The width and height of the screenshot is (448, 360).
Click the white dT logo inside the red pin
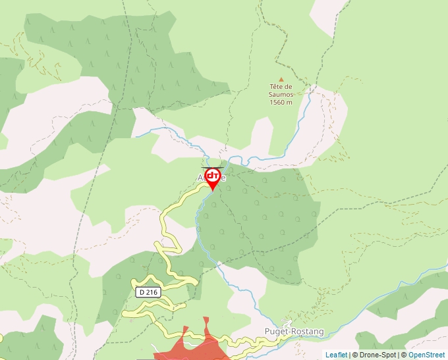[x=212, y=176]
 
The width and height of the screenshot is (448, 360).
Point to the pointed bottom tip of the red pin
[x=212, y=191]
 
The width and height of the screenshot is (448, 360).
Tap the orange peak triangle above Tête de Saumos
[x=281, y=80]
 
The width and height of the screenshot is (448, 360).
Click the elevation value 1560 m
[x=281, y=102]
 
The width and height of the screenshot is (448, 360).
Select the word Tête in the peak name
[x=276, y=87]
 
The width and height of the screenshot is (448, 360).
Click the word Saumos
[x=281, y=95]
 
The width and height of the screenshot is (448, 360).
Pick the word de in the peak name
[x=288, y=87]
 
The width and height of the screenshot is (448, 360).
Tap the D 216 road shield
[x=149, y=291]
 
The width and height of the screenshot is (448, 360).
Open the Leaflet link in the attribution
[x=336, y=355]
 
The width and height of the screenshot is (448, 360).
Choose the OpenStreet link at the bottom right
[x=426, y=355]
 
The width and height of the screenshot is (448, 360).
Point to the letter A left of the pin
[x=200, y=178]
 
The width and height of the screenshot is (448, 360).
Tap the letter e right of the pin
[x=224, y=178]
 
